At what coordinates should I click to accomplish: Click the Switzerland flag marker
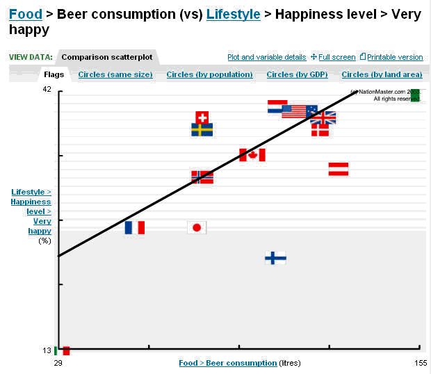(202, 117)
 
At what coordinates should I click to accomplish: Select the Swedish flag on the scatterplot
(202, 130)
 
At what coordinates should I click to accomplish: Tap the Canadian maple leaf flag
(252, 155)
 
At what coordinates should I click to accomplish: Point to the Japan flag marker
(197, 227)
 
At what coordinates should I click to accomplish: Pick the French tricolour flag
(135, 227)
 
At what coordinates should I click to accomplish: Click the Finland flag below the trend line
(275, 258)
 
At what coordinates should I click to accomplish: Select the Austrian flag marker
(339, 169)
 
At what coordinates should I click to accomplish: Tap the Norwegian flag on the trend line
(202, 177)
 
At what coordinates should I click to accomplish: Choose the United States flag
(294, 111)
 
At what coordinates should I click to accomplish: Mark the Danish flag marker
(320, 130)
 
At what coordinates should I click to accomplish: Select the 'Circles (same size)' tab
(115, 74)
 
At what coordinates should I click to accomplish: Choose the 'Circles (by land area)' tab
(382, 74)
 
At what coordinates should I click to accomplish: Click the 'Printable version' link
(395, 57)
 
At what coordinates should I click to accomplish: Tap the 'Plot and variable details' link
(267, 57)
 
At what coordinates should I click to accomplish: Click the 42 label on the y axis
(47, 90)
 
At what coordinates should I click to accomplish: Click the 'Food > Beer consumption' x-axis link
(227, 363)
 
